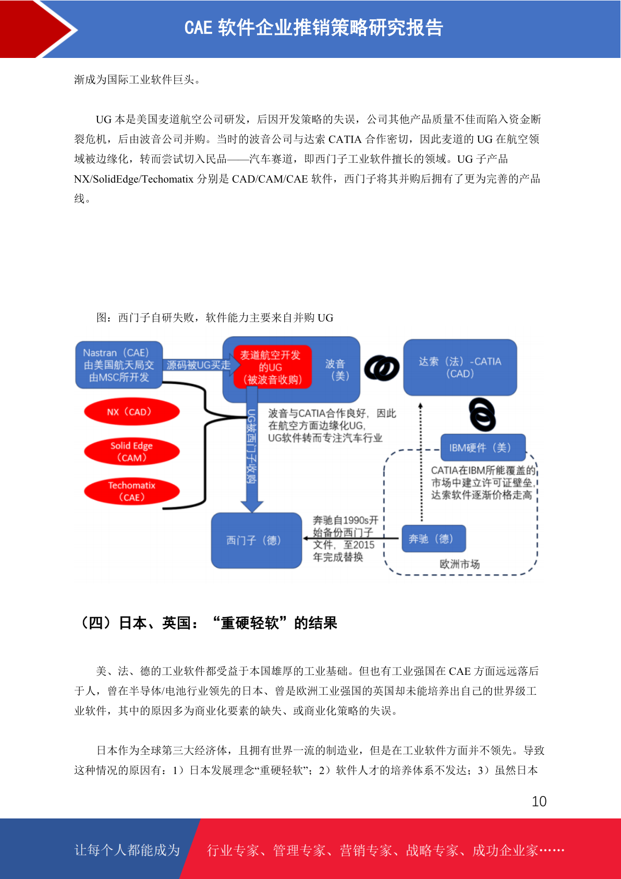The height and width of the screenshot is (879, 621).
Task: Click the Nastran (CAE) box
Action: (x=119, y=365)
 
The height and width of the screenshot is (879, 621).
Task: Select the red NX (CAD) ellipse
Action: (x=132, y=412)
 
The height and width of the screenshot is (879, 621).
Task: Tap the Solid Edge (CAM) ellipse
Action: (x=132, y=452)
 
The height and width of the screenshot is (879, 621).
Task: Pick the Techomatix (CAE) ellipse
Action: (x=132, y=491)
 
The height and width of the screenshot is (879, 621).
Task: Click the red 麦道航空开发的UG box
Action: (x=273, y=367)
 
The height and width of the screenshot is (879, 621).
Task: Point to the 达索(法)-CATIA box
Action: (x=460, y=367)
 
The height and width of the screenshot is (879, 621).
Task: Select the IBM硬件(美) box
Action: (x=483, y=447)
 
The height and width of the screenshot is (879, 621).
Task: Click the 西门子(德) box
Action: (x=257, y=540)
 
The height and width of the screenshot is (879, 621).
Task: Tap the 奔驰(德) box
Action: (x=434, y=538)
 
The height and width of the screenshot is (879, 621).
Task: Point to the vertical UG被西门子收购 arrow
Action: (x=252, y=449)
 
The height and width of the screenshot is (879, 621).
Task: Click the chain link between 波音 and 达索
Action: (x=382, y=367)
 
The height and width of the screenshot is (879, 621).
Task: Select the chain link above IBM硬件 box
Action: (x=483, y=414)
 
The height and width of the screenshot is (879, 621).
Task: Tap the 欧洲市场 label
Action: (x=459, y=564)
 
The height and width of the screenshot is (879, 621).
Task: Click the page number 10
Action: (x=539, y=801)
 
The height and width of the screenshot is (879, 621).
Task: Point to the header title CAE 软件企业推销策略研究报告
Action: (x=314, y=28)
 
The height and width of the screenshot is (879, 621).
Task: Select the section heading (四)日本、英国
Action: (x=208, y=623)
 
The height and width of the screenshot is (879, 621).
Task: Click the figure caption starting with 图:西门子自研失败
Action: (x=215, y=317)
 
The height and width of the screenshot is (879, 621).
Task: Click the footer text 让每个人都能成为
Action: (x=127, y=850)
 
